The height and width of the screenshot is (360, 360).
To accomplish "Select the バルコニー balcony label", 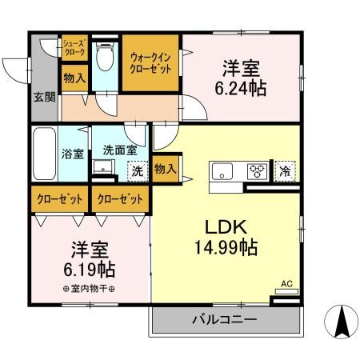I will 223,320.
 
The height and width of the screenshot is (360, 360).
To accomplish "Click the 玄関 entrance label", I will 44,98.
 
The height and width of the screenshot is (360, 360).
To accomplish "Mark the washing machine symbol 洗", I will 137,170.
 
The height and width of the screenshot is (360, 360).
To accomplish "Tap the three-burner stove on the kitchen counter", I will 257,170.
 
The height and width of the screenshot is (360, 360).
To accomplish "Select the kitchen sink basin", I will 222,170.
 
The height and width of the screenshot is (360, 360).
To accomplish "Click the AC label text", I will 286,282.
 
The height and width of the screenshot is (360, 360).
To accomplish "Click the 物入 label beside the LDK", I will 165,169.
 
